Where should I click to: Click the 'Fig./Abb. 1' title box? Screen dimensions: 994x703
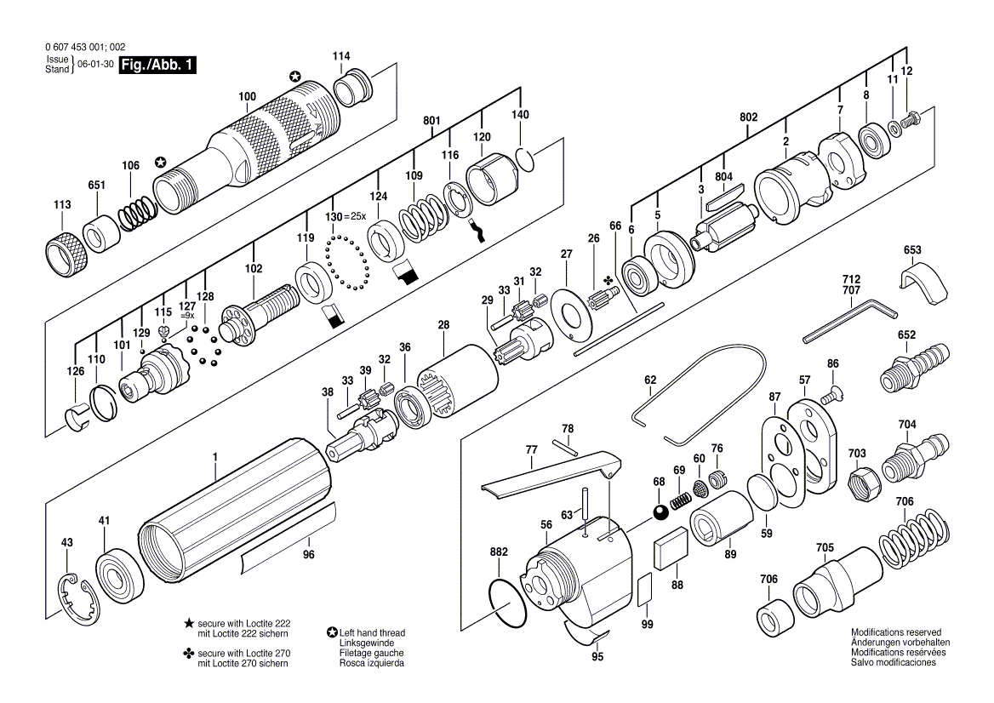coord(157,65)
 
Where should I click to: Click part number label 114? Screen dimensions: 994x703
coord(341,56)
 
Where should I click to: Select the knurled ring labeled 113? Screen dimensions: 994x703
coord(66,254)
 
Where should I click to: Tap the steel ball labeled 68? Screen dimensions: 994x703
coord(660,512)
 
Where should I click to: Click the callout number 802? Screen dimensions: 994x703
coord(748,117)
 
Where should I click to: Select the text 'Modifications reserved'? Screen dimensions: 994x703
coord(896,632)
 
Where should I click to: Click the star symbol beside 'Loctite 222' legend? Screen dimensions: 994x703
coord(188,624)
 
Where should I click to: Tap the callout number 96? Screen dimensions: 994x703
coord(309,555)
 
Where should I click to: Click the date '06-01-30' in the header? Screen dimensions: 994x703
coord(95,65)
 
